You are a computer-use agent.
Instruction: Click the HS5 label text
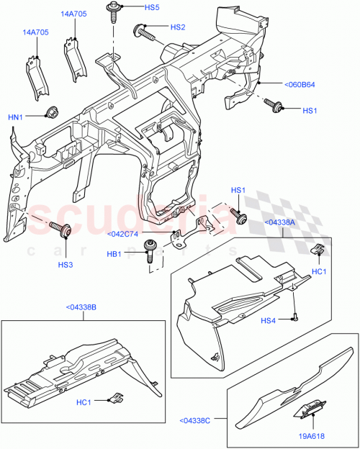point(151,8)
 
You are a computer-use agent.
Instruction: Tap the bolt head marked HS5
point(114,9)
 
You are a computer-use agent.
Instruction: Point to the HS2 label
point(177,27)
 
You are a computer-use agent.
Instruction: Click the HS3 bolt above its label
point(63,230)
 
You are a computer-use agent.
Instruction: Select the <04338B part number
point(81,307)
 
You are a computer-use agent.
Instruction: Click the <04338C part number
point(196,421)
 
